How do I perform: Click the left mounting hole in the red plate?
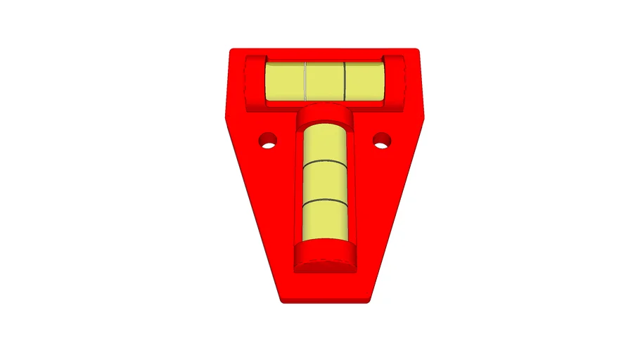[x=266, y=141]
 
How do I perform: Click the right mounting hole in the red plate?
[x=381, y=141]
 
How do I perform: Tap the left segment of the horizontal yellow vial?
[x=285, y=81]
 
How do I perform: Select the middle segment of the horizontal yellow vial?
[x=325, y=81]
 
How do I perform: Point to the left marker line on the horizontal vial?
[x=305, y=81]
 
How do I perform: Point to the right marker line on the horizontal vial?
[x=345, y=81]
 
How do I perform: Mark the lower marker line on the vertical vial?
[x=325, y=202]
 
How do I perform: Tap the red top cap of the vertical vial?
[x=325, y=114]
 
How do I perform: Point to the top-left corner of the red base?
[x=233, y=51]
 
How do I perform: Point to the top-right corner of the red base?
[x=417, y=51]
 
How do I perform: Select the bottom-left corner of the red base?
[x=283, y=301]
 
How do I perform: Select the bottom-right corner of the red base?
[x=367, y=301]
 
